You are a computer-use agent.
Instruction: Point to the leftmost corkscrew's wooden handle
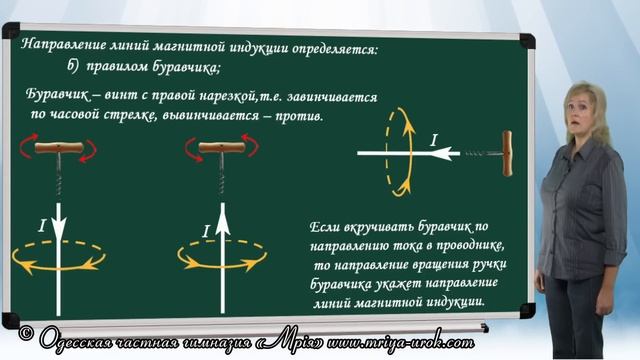tap(58, 148)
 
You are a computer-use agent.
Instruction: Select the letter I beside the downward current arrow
tap(41, 228)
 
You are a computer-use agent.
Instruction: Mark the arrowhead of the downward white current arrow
tap(59, 225)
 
